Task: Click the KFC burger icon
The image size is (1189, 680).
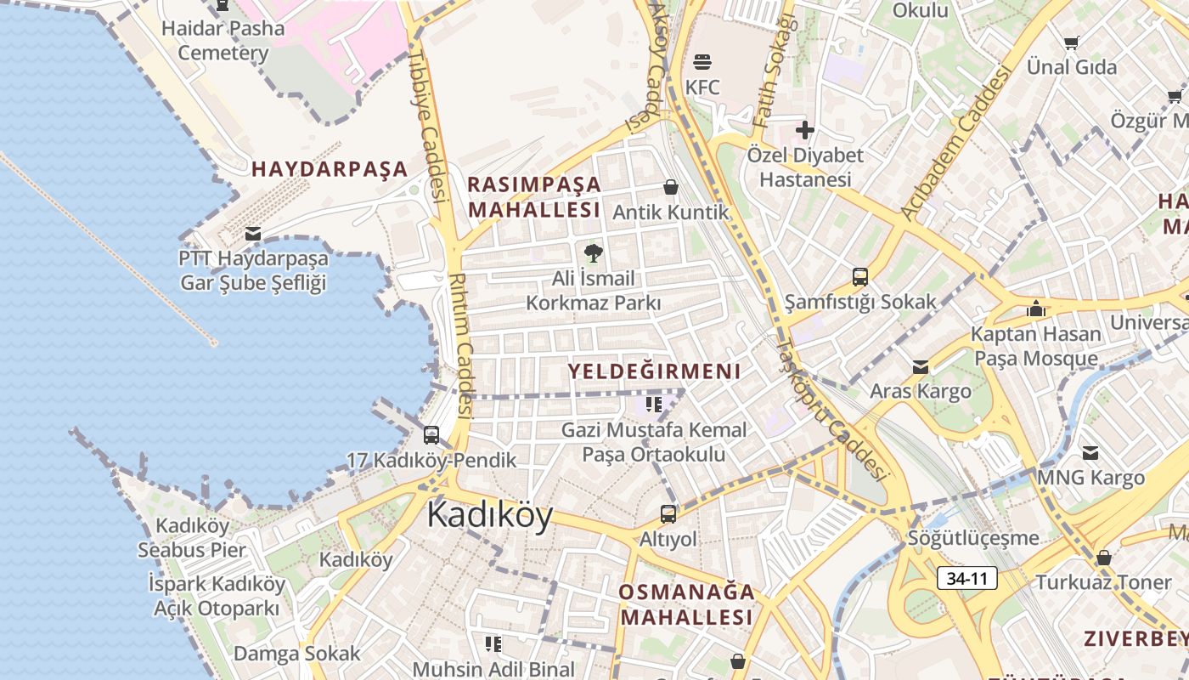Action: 702,61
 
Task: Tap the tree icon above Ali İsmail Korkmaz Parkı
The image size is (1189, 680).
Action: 593,252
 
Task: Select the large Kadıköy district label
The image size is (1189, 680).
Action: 490,514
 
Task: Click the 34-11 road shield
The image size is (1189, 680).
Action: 967,579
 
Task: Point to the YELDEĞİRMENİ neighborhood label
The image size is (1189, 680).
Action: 654,371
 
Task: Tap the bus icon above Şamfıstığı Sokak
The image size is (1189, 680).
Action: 860,276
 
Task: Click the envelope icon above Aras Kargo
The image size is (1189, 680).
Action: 921,367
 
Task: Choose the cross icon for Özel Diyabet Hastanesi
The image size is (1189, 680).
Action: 804,130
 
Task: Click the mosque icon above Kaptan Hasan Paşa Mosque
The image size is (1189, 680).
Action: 1036,309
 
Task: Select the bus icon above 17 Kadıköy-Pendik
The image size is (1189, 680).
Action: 431,435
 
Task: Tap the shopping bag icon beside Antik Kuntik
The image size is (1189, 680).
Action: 671,187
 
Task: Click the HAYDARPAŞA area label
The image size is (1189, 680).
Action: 330,169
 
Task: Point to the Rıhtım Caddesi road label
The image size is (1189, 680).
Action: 459,344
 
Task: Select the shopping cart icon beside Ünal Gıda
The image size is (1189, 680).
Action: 1072,42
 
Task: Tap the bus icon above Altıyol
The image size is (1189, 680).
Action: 668,513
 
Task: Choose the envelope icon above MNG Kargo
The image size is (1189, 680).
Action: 1090,453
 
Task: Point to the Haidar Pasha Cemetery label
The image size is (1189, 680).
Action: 223,40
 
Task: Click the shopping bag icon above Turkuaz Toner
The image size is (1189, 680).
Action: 1104,558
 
